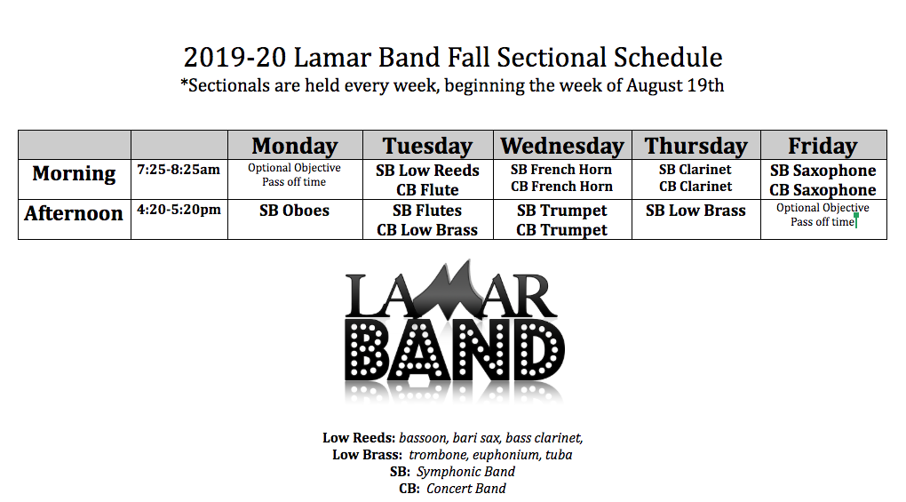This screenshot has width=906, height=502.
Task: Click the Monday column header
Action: pyautogui.click(x=295, y=146)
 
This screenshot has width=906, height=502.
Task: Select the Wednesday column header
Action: pyautogui.click(x=562, y=146)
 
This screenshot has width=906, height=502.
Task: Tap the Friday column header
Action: pyautogui.click(x=823, y=146)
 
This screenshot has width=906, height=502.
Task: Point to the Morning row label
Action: pyautogui.click(x=74, y=173)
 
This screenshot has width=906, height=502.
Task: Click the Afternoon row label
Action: pyautogui.click(x=74, y=213)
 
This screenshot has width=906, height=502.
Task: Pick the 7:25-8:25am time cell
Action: pyautogui.click(x=179, y=170)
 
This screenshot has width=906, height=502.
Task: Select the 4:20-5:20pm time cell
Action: pyautogui.click(x=179, y=209)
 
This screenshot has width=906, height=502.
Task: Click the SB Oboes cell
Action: pyautogui.click(x=294, y=211)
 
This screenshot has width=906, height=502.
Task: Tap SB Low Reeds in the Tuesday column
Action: pyautogui.click(x=427, y=171)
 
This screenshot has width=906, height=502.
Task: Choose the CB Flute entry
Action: pyautogui.click(x=427, y=189)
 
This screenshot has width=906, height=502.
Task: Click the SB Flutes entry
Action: pyautogui.click(x=427, y=211)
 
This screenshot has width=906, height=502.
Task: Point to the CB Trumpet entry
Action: pyautogui.click(x=561, y=230)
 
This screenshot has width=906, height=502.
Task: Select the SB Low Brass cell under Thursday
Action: pyautogui.click(x=695, y=211)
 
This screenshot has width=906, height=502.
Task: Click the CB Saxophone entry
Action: pyautogui.click(x=823, y=190)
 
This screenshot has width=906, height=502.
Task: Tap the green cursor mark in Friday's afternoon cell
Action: pyautogui.click(x=855, y=220)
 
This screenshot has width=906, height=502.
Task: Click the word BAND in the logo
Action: pyautogui.click(x=454, y=350)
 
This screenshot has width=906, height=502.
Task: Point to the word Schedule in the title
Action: pyautogui.click(x=667, y=57)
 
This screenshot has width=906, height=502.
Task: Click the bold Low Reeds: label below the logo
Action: pyautogui.click(x=359, y=438)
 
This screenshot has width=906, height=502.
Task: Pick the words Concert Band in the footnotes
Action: pyautogui.click(x=466, y=488)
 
